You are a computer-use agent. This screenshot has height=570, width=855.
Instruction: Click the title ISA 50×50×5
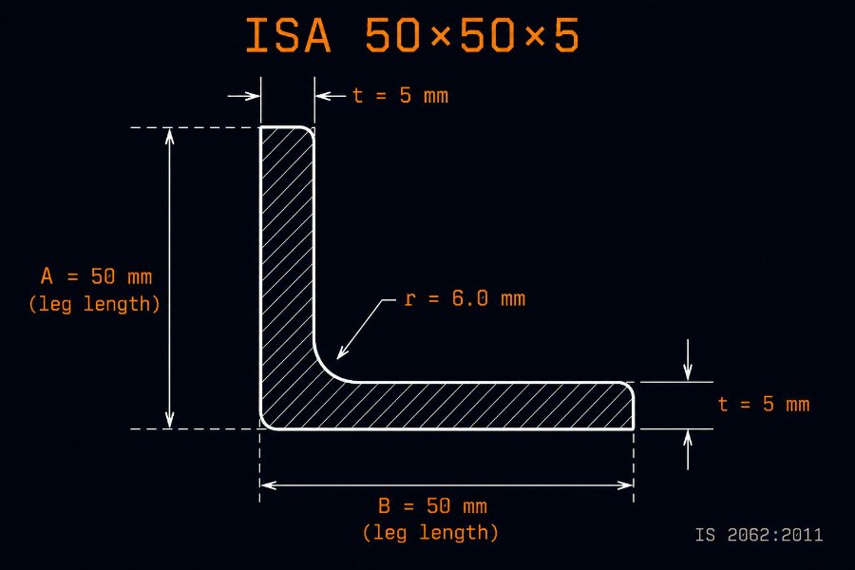411,36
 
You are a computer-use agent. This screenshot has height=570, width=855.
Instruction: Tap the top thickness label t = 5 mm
401,96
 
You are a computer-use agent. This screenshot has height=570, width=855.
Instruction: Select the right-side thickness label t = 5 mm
764,404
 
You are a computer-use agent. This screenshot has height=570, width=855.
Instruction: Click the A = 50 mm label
97,276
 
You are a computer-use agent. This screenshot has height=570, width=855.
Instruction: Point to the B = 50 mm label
432,506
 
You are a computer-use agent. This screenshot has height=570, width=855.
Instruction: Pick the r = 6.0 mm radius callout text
465,299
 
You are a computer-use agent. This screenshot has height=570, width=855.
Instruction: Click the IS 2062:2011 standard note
759,535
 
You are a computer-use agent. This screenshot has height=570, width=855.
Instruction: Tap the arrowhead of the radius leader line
341,353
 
